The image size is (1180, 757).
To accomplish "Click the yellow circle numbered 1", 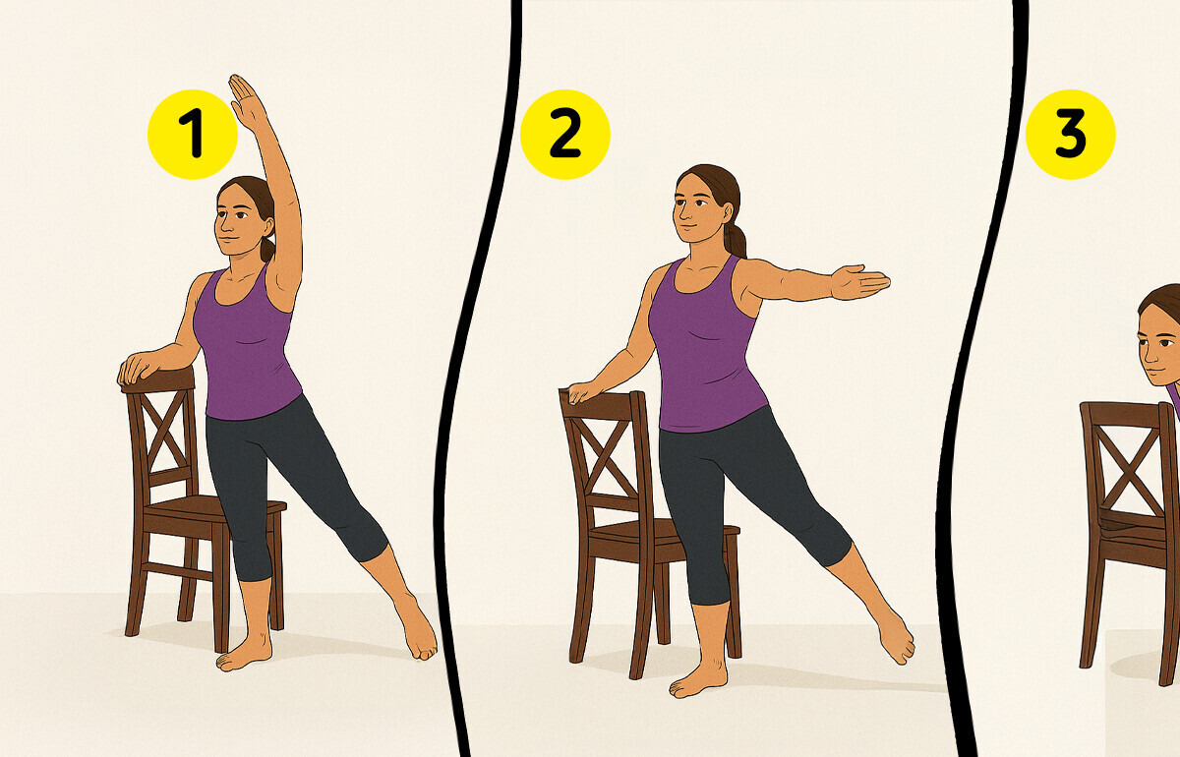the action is pos(193,135).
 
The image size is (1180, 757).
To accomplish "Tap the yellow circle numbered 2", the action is pos(564,135).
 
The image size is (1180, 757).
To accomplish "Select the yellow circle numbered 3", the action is pos(1071,135).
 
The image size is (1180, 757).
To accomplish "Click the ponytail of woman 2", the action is pos(735,240).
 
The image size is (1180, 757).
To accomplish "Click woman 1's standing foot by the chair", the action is pos(245,652).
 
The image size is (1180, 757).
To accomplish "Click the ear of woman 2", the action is pos(730,213).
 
